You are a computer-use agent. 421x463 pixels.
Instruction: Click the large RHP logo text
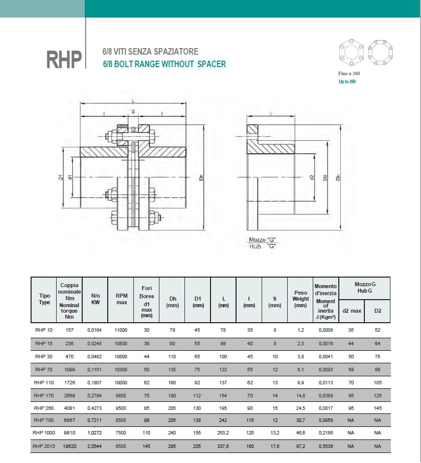tap(64, 60)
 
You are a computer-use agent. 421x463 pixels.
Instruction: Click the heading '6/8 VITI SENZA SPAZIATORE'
tap(150, 52)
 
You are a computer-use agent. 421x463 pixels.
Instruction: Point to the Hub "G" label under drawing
tap(263, 246)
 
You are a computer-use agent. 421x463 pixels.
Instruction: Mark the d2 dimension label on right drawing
tap(311, 177)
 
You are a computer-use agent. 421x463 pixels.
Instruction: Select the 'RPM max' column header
tap(121, 299)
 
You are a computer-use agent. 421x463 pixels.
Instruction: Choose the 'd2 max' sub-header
tap(352, 311)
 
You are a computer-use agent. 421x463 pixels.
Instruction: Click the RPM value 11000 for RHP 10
tap(121, 330)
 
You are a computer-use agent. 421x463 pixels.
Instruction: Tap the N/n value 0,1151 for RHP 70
tap(95, 369)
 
